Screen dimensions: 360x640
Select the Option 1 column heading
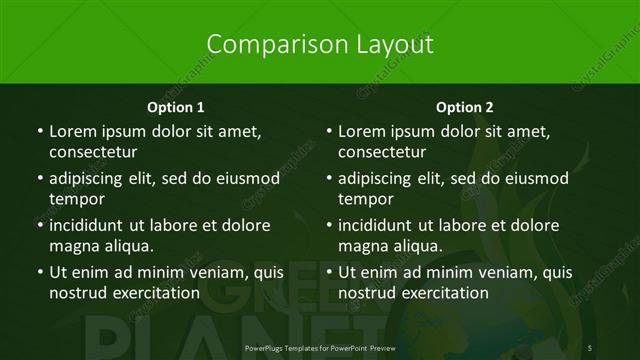(176, 107)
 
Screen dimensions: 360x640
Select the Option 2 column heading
(465, 107)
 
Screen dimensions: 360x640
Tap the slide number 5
(590, 347)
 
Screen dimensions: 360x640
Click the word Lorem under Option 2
(362, 131)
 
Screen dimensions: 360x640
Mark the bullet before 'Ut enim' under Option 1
(39, 272)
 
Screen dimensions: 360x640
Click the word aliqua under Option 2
(415, 246)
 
